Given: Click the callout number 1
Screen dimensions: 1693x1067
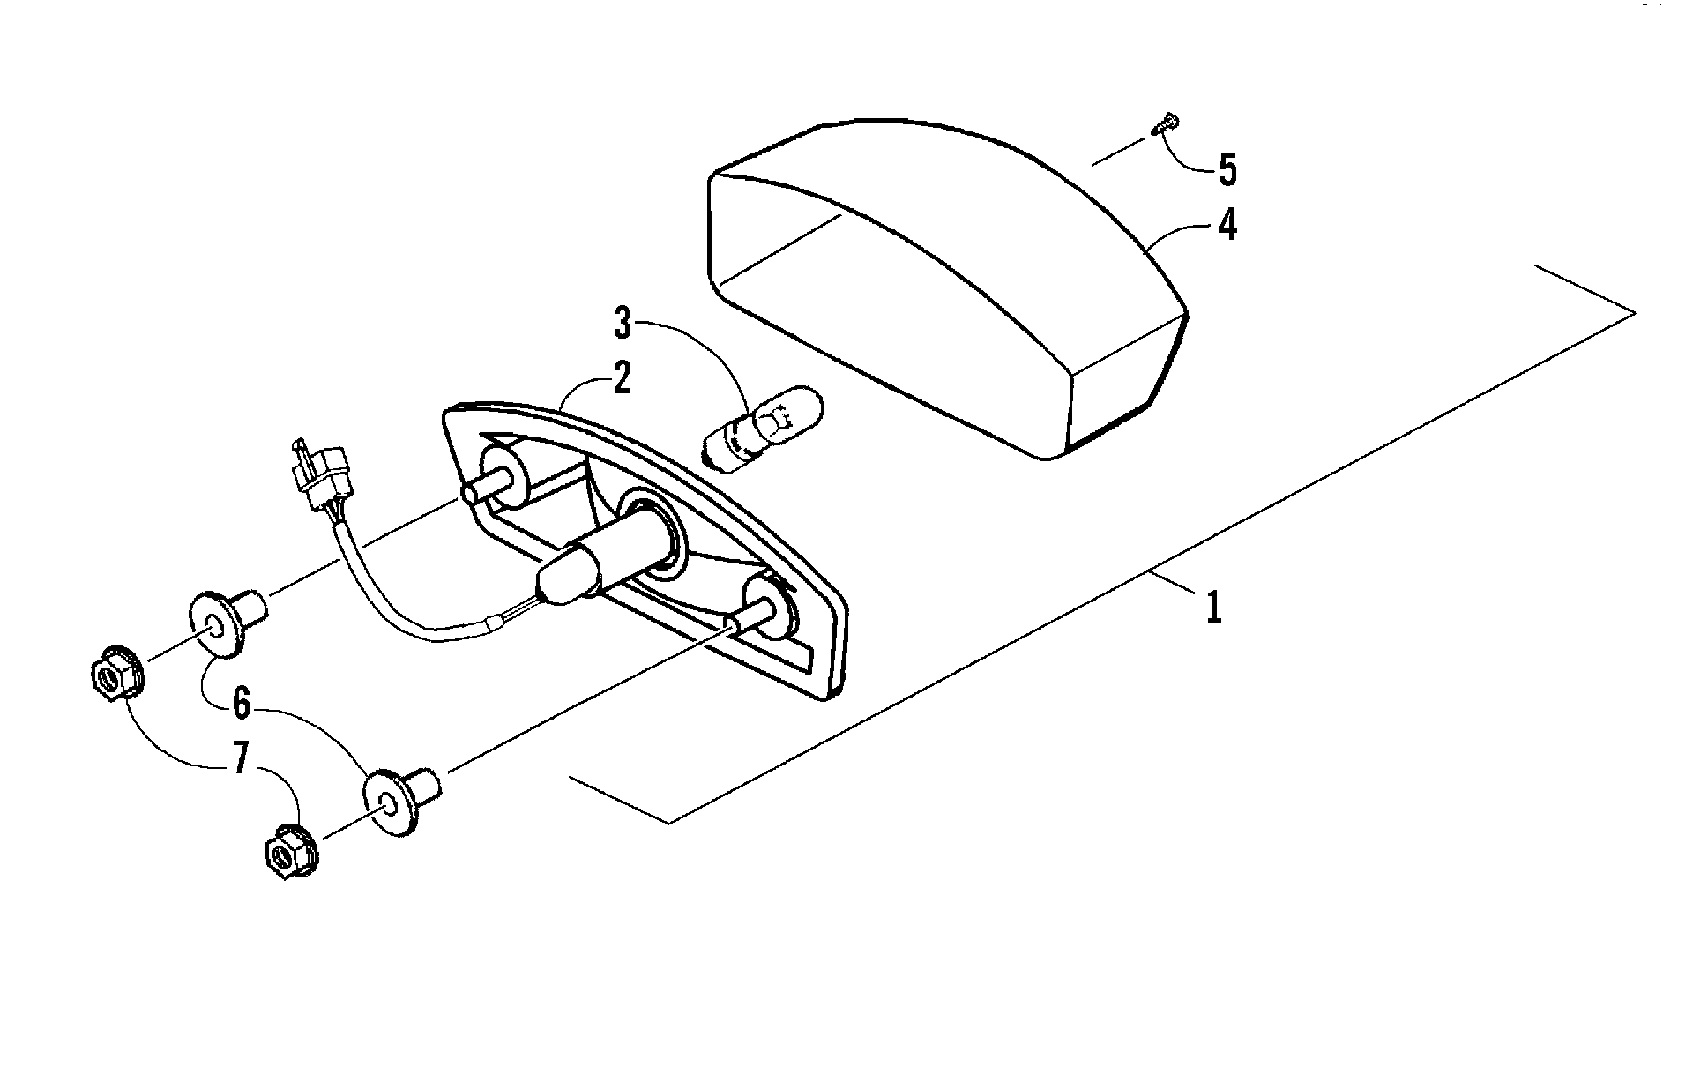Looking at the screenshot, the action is click(x=1214, y=608).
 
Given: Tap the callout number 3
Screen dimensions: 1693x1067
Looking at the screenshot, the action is click(x=623, y=324).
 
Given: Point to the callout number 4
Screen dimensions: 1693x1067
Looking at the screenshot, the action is click(x=1227, y=226).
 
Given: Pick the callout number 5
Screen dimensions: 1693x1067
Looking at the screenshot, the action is click(x=1227, y=170).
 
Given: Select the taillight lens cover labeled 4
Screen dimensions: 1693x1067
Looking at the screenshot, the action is click(x=948, y=282).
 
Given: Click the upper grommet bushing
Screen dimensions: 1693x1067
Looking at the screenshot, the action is click(x=227, y=623).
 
